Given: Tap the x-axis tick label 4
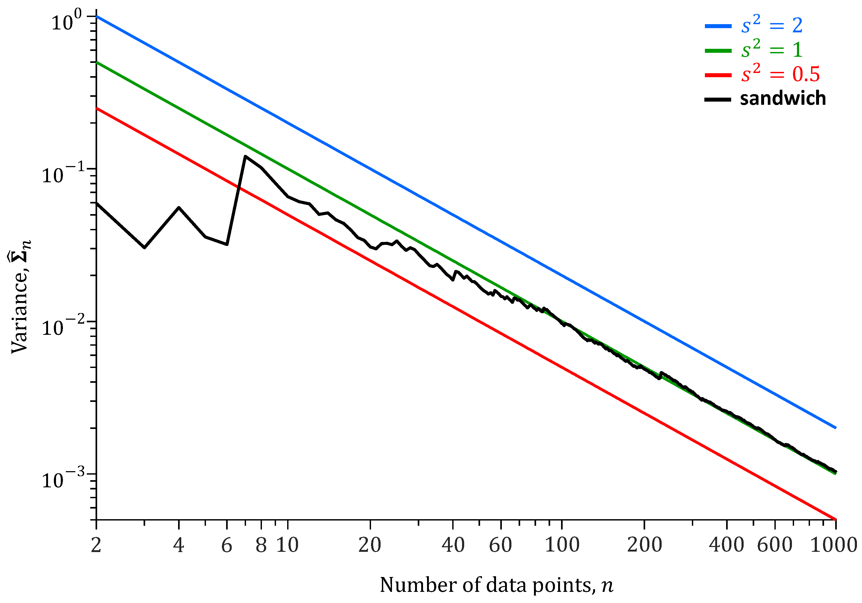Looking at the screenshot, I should click(179, 545).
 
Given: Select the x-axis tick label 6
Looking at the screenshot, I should click(227, 545).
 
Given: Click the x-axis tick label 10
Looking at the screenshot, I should click(288, 545).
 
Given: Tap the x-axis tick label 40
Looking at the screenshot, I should click(453, 545).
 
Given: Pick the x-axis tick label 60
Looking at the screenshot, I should click(501, 545).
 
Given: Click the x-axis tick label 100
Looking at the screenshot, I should click(562, 545).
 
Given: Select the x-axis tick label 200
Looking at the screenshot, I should click(644, 545).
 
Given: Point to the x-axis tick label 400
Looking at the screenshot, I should click(726, 545).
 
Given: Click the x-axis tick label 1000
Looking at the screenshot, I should click(834, 545).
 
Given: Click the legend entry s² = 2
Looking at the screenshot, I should click(772, 25).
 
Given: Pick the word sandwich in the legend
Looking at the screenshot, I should click(783, 99).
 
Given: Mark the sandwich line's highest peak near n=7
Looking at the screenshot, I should click(245, 157).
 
